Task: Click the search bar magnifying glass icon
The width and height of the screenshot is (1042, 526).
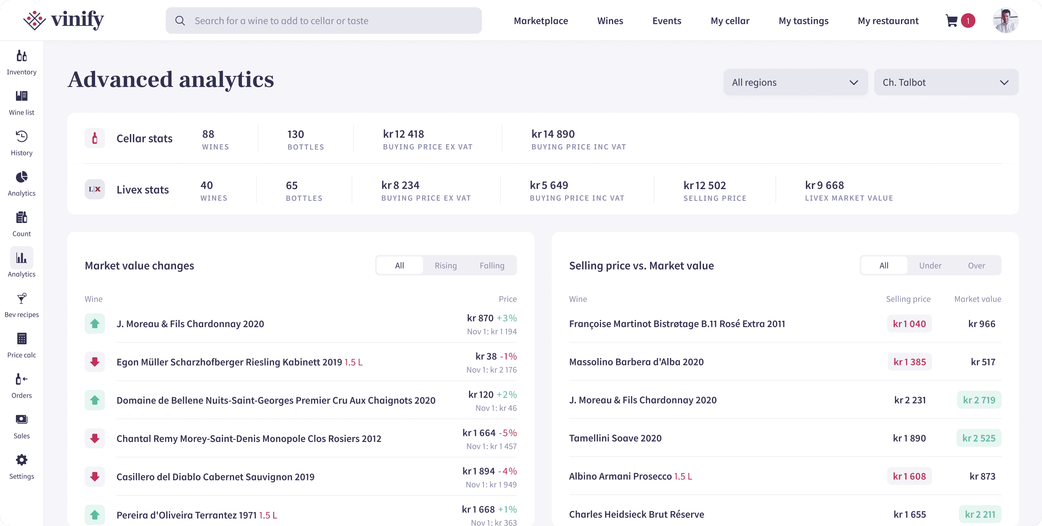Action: (x=180, y=21)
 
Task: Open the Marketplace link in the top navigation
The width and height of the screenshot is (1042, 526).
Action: (x=541, y=21)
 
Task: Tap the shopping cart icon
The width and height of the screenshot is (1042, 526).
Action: (x=951, y=21)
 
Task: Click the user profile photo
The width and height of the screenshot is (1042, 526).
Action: (x=1006, y=20)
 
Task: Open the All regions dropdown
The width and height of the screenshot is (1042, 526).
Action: (x=795, y=82)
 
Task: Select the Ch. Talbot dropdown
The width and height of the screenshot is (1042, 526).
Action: (x=946, y=82)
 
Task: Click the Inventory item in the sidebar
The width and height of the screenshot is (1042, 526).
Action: (x=21, y=63)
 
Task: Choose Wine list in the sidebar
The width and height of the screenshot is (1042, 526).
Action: (x=21, y=103)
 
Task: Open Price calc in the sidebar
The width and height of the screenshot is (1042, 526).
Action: (x=21, y=346)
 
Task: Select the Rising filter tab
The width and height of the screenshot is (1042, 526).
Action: (x=446, y=266)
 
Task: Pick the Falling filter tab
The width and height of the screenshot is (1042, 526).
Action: (x=492, y=266)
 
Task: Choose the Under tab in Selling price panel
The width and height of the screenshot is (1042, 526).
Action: (x=930, y=266)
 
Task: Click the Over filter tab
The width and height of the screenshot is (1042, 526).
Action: (x=977, y=266)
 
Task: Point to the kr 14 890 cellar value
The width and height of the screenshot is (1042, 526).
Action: (x=553, y=134)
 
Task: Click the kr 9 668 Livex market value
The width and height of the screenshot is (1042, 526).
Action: (x=824, y=185)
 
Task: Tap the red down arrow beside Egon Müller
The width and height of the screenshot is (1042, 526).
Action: (x=95, y=362)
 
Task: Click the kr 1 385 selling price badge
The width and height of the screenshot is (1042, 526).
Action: (x=910, y=362)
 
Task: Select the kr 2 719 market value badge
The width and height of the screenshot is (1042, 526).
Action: (x=979, y=400)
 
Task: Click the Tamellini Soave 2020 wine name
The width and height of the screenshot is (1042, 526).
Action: (x=615, y=438)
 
